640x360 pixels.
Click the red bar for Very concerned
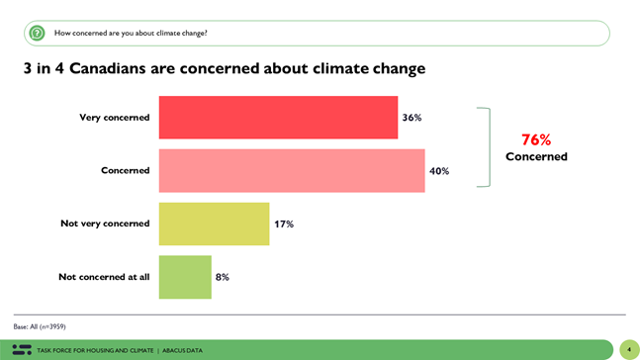click(278, 117)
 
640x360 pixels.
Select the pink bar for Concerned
click(292, 170)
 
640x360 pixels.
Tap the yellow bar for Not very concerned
click(214, 224)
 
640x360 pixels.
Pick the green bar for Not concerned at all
click(185, 277)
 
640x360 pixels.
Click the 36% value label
click(411, 118)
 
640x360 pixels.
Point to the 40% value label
click(439, 171)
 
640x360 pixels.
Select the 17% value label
click(284, 225)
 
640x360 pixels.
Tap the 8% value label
click(223, 278)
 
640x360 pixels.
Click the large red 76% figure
click(536, 139)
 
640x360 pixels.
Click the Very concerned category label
click(115, 118)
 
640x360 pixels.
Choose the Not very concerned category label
click(105, 224)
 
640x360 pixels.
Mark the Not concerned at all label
click(104, 277)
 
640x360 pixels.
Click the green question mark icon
click(37, 33)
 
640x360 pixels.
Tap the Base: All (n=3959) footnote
click(40, 325)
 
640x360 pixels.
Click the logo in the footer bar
click(22, 349)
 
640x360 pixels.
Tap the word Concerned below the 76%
click(536, 156)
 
